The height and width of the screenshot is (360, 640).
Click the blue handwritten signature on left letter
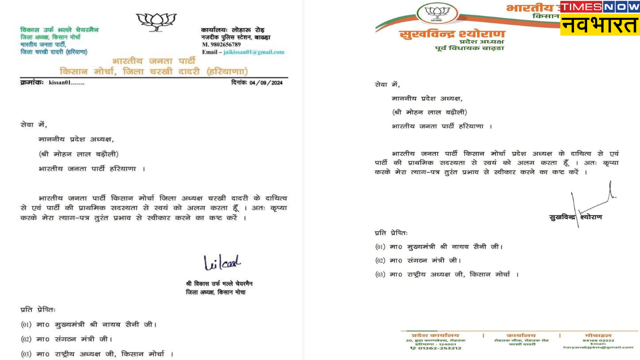pos(221,262)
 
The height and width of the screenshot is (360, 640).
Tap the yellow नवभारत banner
pos(600,25)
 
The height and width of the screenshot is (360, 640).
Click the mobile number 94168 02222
pos(598,340)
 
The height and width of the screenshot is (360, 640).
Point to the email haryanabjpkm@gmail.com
pos(598,347)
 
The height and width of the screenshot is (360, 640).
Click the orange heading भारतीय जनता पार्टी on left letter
pos(153,61)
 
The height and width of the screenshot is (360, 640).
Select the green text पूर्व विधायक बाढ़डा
pos(469,48)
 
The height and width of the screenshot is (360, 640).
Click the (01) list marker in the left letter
pos(26,324)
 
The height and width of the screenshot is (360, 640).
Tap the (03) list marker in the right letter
pos(380,274)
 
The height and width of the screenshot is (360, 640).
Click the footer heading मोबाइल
pos(597,335)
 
